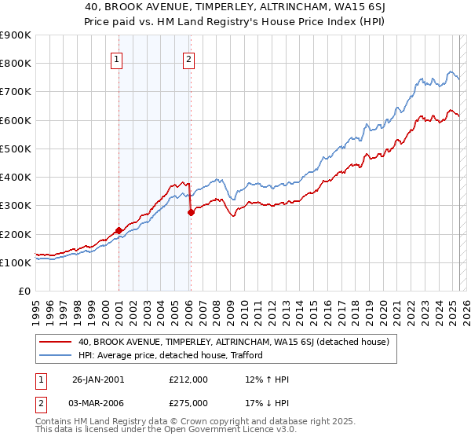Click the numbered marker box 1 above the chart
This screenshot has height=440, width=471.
(x=116, y=57)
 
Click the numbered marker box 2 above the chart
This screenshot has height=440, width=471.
(x=190, y=57)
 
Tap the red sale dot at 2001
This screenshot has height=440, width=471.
(x=119, y=230)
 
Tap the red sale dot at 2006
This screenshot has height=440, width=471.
(x=191, y=212)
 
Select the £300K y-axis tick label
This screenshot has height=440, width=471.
(x=15, y=206)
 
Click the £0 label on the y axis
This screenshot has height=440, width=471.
(x=24, y=291)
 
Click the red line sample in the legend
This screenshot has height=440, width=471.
(x=55, y=342)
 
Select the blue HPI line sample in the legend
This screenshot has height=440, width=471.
(x=55, y=355)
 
